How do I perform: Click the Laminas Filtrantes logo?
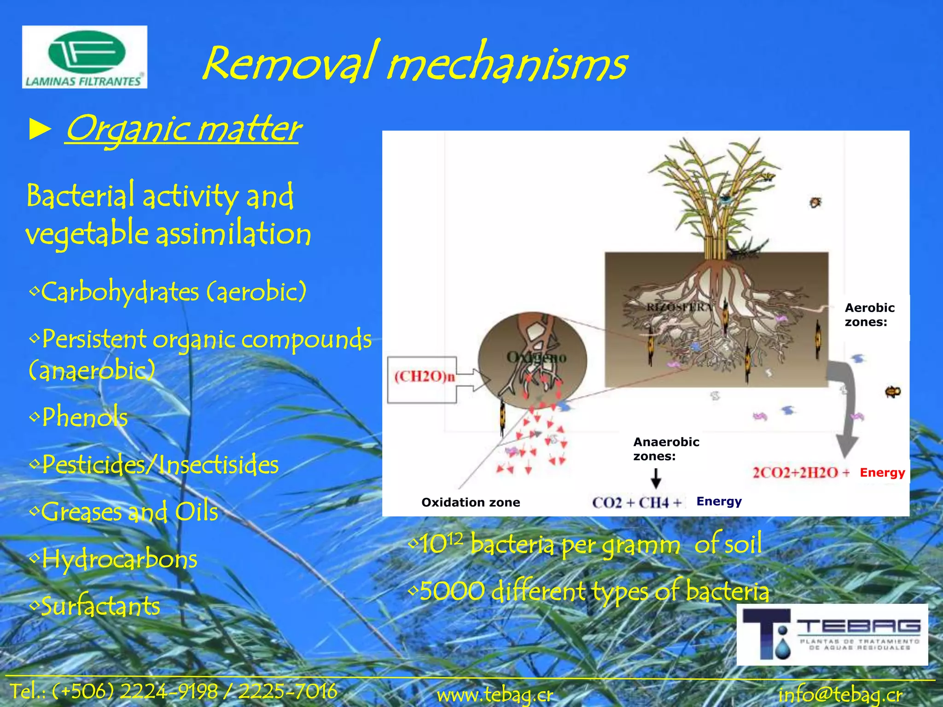tap(84, 57)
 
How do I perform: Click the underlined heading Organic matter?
tap(183, 129)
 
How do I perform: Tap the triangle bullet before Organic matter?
tap(40, 130)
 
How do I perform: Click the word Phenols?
tap(85, 417)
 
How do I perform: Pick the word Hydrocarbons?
tap(119, 560)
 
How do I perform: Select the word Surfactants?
tap(100, 607)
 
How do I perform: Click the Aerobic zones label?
tap(869, 315)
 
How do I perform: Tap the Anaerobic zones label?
tap(666, 449)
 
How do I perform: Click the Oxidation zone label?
tap(471, 502)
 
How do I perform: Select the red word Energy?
tap(882, 473)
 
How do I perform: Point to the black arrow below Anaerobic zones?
tap(656, 479)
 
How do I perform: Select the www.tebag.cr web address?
tap(495, 695)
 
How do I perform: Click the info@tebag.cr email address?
tap(840, 695)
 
